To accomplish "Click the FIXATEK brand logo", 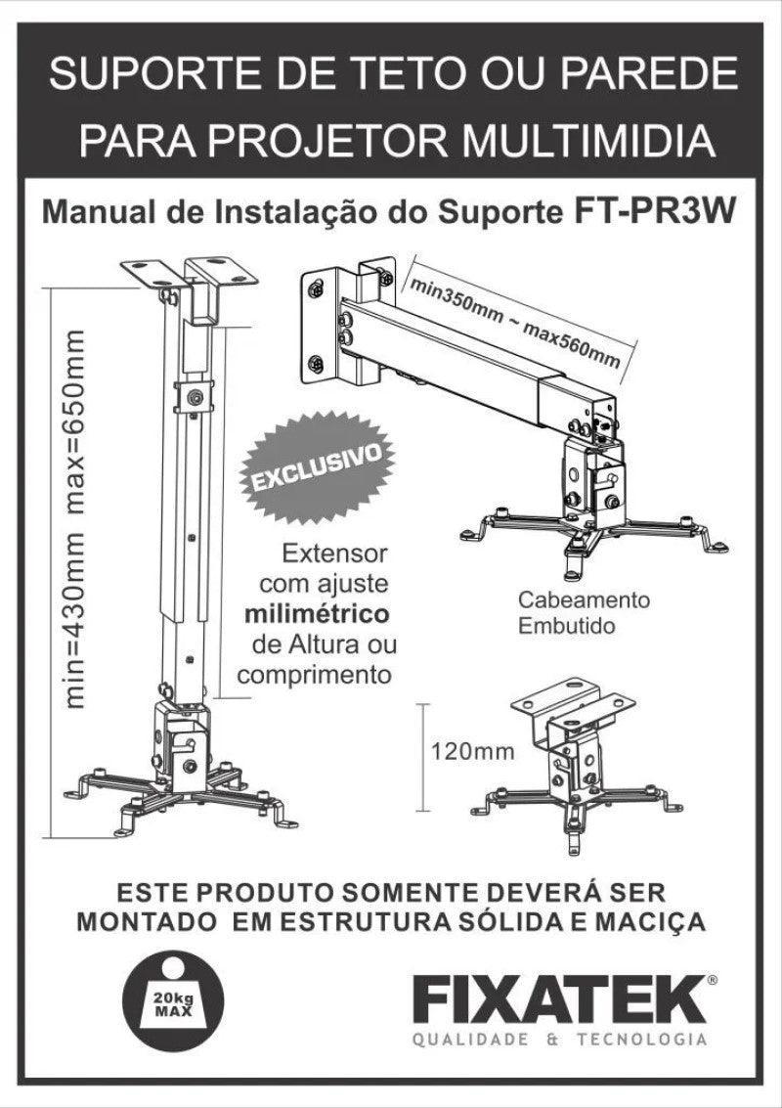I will (560, 999).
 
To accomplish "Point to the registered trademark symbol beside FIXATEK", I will (712, 979).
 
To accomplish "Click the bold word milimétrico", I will (317, 614).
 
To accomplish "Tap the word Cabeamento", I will (584, 600).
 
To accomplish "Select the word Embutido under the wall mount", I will (567, 626).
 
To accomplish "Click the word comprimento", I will (315, 674).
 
